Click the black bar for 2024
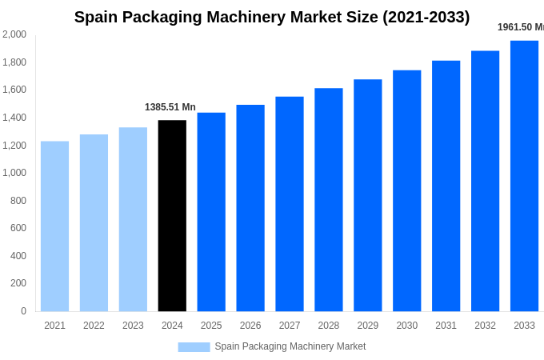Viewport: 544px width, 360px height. click(172, 216)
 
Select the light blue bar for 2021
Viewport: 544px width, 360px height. click(54, 226)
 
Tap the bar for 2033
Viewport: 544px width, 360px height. click(524, 176)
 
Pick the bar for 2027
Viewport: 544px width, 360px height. click(290, 204)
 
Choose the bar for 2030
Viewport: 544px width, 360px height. click(406, 190)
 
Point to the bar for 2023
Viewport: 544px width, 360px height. click(133, 219)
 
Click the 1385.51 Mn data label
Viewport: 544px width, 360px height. click(170, 107)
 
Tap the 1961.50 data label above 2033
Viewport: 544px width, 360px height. click(520, 27)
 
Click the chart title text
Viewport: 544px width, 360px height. click(272, 17)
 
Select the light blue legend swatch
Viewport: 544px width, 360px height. click(194, 347)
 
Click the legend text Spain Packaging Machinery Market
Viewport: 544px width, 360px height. click(290, 346)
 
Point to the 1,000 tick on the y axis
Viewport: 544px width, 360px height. click(14, 173)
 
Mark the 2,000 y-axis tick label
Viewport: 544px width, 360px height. click(14, 34)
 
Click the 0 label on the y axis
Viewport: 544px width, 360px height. click(23, 311)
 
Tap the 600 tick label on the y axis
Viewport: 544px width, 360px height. click(18, 228)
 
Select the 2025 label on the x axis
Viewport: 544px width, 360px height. click(211, 326)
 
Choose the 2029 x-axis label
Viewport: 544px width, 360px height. click(368, 326)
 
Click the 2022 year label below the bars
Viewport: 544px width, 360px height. click(94, 326)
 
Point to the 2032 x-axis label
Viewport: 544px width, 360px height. click(485, 326)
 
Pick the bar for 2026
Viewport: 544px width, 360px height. click(250, 208)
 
